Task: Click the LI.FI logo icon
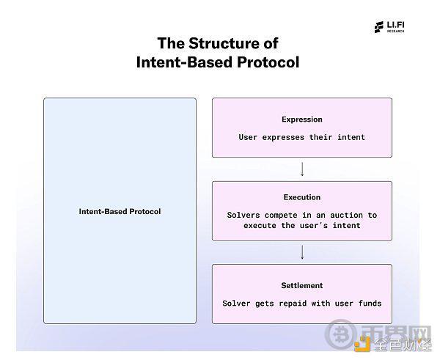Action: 379,27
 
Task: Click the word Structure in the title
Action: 224,43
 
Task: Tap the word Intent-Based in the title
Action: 185,62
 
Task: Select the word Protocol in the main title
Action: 268,62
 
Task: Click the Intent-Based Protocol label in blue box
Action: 120,211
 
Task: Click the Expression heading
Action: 302,120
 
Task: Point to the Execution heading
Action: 302,197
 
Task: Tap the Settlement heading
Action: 302,285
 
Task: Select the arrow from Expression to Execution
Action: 302,169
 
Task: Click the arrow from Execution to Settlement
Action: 302,252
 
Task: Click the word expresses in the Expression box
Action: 283,137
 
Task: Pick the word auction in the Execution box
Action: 346,216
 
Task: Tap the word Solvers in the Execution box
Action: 243,216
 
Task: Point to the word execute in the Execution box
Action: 260,226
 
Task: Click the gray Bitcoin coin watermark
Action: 340,334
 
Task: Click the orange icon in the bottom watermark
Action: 362,345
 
